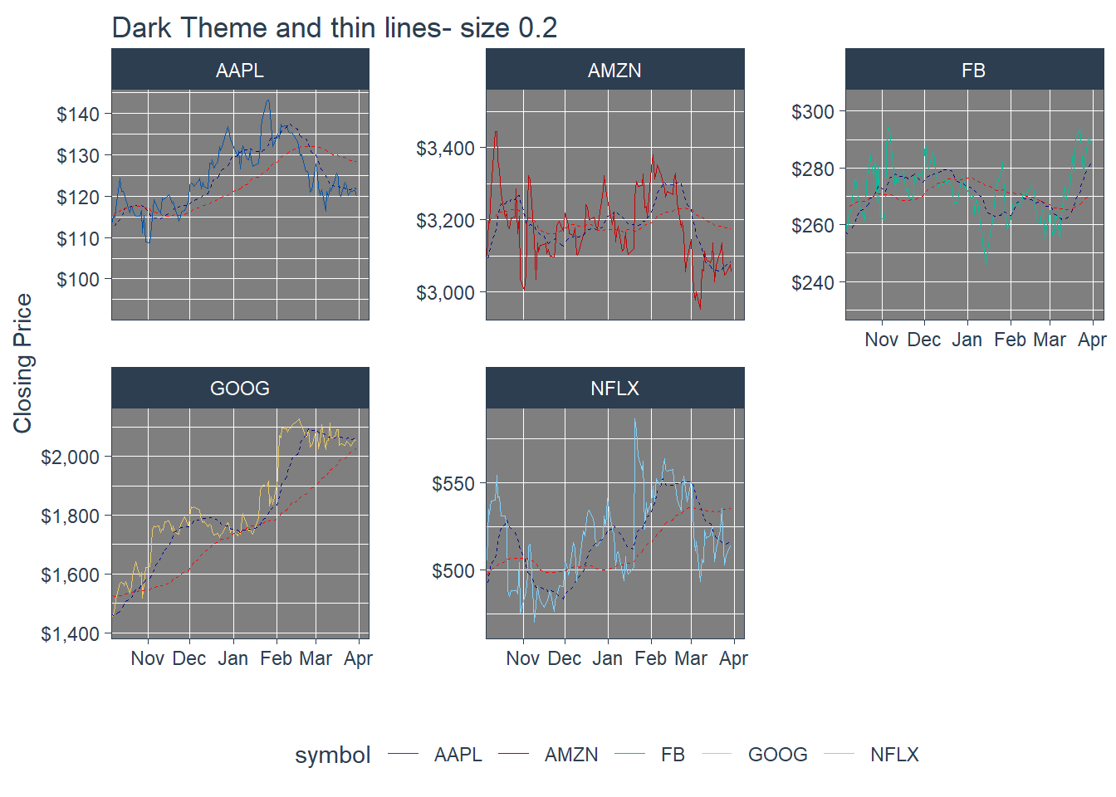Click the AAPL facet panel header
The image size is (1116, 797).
coord(240,70)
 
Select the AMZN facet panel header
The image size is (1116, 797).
coord(614,70)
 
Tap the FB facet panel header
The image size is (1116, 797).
coord(973,70)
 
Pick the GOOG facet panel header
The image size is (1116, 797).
coord(240,388)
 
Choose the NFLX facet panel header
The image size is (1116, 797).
coord(614,388)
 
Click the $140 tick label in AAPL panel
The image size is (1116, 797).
coord(78,115)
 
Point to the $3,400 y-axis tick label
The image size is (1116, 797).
coord(445,149)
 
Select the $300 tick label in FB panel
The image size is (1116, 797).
coord(812,112)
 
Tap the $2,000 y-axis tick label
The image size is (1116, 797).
coord(70,457)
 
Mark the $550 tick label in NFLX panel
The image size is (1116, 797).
coord(453,484)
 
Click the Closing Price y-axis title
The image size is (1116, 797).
coord(22,363)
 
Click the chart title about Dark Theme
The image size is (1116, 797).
coord(334,27)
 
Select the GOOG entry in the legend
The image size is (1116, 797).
coord(777,755)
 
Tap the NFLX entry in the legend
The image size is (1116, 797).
coord(894,755)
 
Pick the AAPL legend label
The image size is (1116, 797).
coord(458,755)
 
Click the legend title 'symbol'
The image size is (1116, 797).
coord(332,755)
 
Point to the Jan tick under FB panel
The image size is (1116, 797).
coord(967,340)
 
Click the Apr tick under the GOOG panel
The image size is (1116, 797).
coord(358,658)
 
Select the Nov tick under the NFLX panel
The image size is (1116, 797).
coord(522,658)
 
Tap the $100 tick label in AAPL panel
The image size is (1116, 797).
coord(78,280)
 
